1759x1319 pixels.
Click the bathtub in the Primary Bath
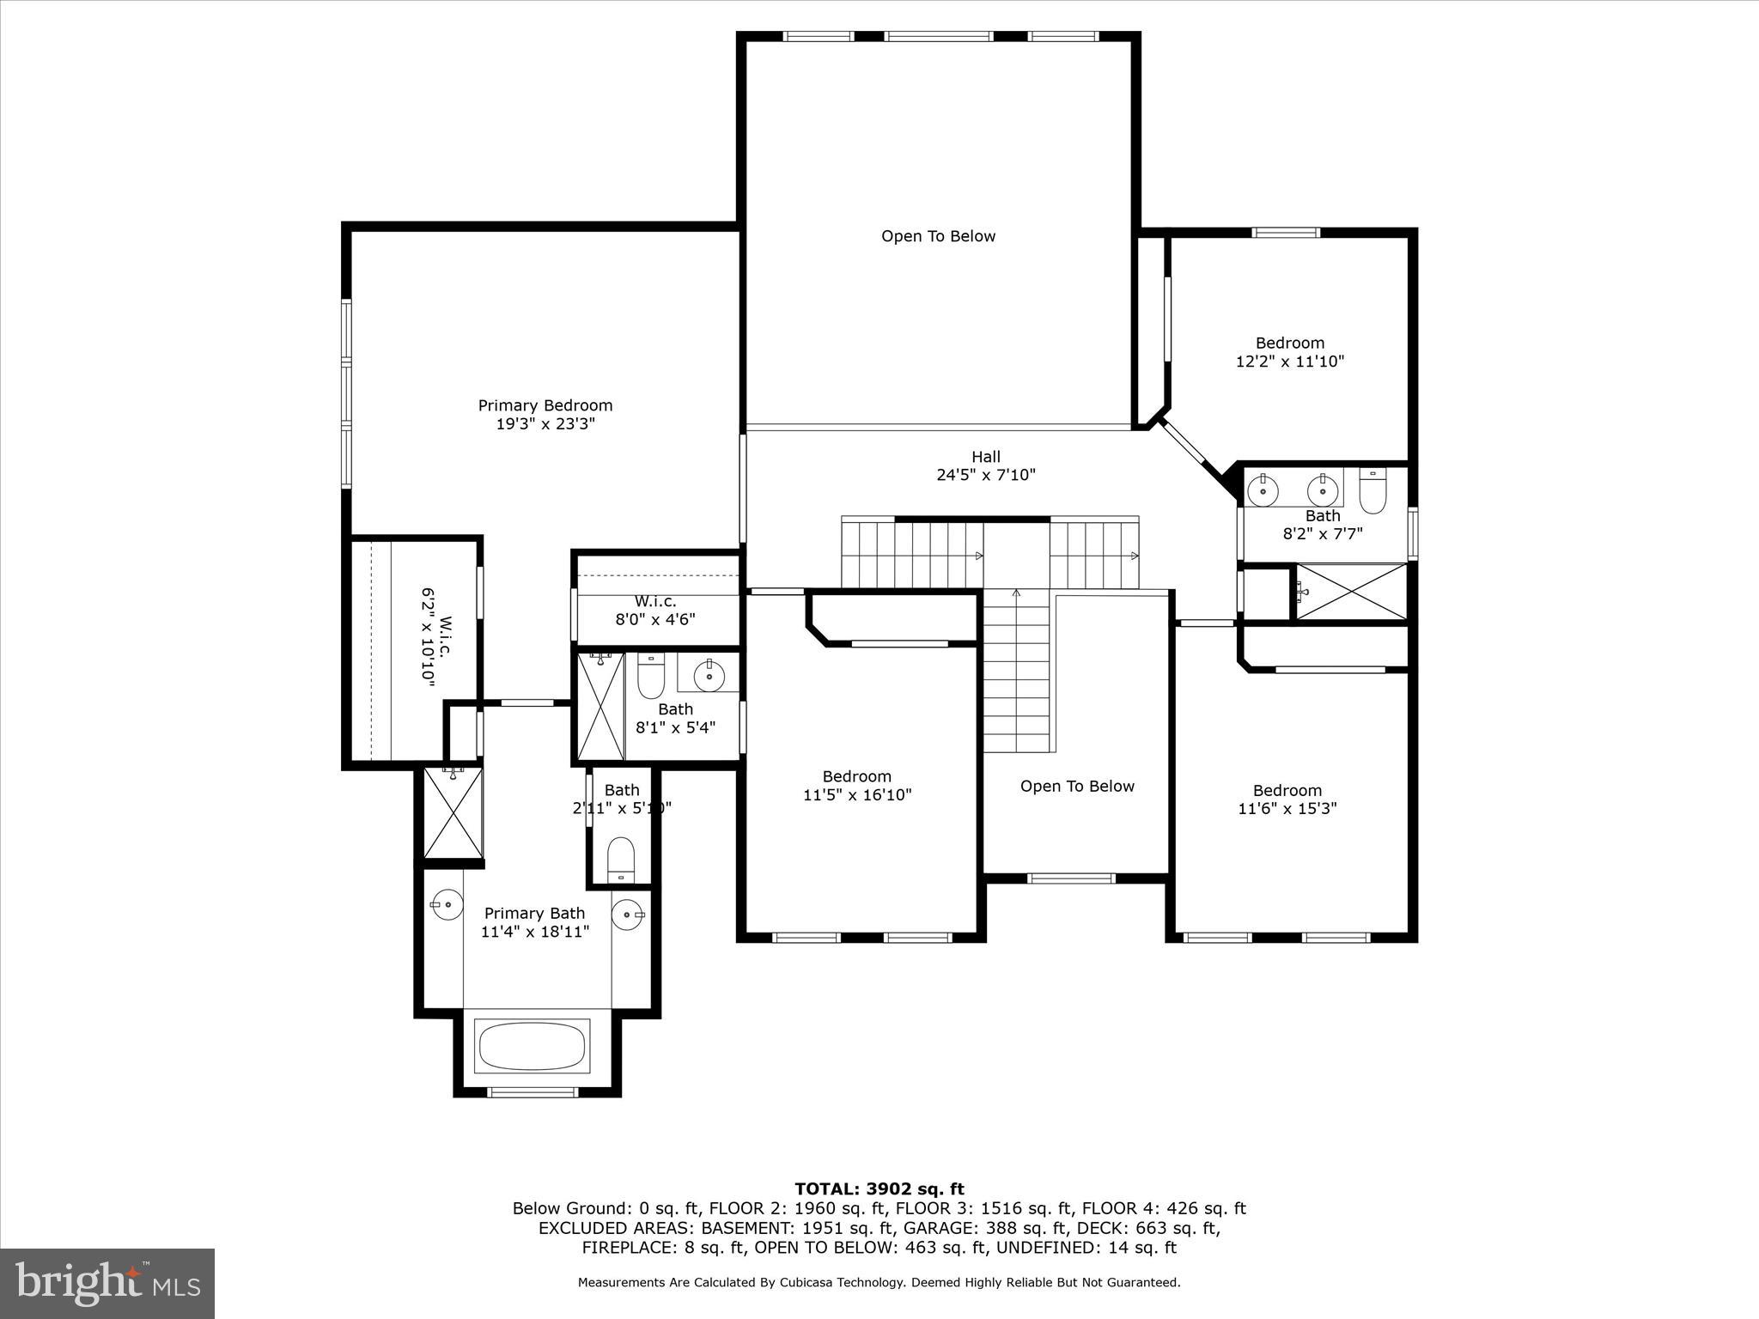(x=533, y=1046)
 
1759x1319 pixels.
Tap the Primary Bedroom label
(x=545, y=405)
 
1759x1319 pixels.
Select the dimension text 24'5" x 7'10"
(x=986, y=475)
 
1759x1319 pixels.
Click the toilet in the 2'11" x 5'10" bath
(x=620, y=860)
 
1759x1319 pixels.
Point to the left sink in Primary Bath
(x=447, y=905)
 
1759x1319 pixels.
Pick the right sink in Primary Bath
(x=628, y=912)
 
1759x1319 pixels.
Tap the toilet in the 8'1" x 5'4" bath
(x=651, y=678)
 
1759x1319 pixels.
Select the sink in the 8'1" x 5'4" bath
(x=709, y=674)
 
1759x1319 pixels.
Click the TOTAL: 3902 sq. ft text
(x=879, y=1189)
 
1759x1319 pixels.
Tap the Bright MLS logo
(x=107, y=1284)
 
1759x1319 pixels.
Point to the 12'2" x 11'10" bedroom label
(x=1289, y=352)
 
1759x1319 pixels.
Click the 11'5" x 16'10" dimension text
(x=856, y=795)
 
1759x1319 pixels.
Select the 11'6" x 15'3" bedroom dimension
(x=1287, y=809)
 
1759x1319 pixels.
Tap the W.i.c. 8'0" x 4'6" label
(x=655, y=610)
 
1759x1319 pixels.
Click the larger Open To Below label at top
(x=938, y=236)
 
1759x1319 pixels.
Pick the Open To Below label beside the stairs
(x=1076, y=787)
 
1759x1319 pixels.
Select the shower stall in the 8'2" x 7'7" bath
(x=1351, y=591)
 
